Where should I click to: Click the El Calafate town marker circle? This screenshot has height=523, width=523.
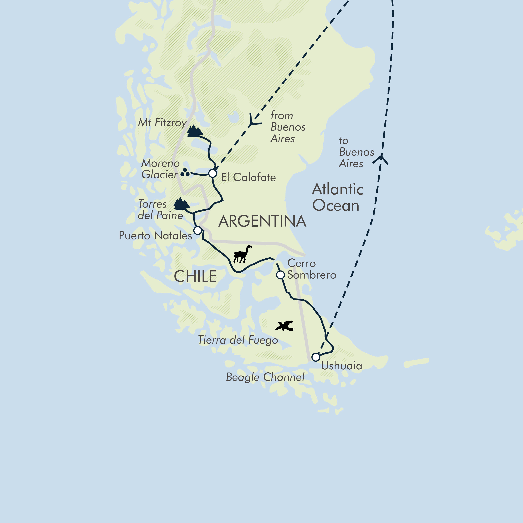pos(213,173)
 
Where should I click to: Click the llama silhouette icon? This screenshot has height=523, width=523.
pos(242,255)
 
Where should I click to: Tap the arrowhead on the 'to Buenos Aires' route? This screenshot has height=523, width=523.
pos(381,158)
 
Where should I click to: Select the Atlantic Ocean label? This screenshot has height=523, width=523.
pos(337,197)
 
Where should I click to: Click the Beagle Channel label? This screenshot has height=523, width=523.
pos(265,377)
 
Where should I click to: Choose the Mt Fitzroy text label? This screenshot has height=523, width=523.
pos(162,123)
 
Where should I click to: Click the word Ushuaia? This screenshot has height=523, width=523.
pos(341,366)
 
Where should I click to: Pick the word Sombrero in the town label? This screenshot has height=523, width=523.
pos(312,275)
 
